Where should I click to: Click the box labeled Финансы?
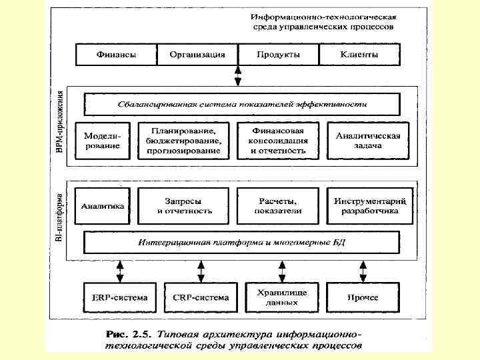point(117,55)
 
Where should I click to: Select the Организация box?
point(197,55)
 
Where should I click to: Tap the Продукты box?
point(279,55)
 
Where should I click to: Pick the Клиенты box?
point(359,55)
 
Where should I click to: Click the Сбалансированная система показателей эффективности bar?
point(241,105)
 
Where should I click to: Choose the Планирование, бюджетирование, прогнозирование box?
point(183,141)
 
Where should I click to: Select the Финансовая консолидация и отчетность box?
point(279,141)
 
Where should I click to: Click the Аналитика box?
point(103,206)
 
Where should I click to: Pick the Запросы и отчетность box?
point(183,206)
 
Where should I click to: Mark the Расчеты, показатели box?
point(279,206)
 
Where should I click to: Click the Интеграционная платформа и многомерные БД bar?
point(241,241)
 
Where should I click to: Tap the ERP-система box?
point(116,297)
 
